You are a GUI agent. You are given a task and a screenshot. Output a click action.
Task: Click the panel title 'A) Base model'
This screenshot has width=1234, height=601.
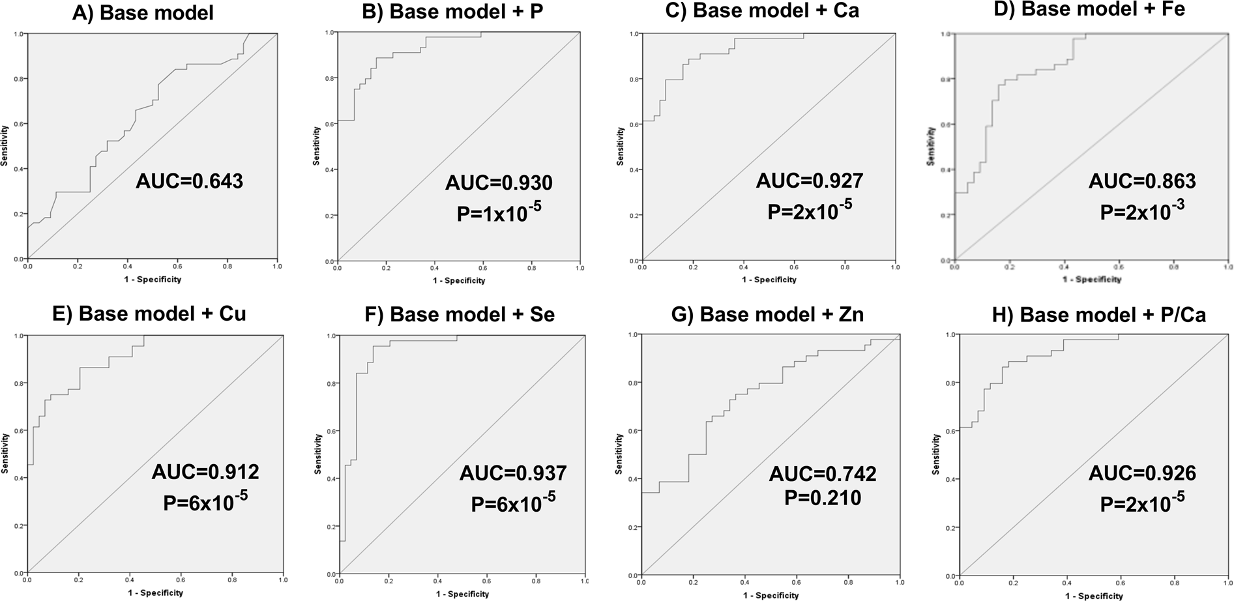point(143,12)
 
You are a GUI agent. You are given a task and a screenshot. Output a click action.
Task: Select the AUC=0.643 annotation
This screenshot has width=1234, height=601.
point(189,181)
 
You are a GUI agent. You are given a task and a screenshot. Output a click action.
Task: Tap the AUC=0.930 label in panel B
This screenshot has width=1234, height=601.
point(499,183)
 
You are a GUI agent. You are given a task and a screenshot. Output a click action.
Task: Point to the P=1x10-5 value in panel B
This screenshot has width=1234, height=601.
point(499,212)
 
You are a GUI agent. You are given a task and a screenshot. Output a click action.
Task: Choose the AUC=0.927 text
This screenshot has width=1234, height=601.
point(810,181)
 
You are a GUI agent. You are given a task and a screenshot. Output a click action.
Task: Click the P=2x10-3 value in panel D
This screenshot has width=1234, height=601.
point(1141,210)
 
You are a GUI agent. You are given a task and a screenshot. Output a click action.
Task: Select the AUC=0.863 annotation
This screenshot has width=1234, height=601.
point(1142,181)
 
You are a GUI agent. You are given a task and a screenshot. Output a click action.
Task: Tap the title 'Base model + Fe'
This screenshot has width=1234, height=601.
point(1103,10)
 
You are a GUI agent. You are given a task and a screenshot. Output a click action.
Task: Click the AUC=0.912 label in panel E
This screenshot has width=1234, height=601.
point(205,471)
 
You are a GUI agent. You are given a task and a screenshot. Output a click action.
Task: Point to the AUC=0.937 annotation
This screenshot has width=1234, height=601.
point(513,473)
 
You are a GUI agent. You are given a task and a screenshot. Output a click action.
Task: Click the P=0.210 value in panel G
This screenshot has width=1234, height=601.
point(822,498)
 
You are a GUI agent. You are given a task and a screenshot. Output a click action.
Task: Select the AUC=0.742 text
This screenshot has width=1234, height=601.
point(823,474)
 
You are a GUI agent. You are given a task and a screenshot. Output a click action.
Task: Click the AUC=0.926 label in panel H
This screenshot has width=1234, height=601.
point(1142,473)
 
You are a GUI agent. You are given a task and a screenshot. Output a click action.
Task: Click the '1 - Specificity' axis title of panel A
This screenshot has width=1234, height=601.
point(153,280)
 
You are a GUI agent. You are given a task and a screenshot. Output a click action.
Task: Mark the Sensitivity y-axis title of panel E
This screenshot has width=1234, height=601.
point(5,454)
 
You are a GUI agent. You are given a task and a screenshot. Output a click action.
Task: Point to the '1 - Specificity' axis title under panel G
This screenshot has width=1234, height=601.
point(770,595)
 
